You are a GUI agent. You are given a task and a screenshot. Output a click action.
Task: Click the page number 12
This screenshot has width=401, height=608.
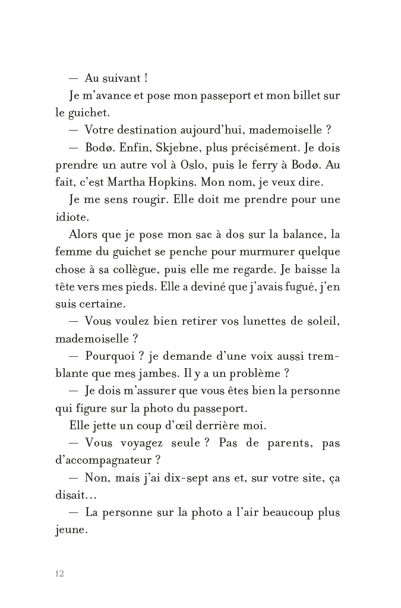(59, 573)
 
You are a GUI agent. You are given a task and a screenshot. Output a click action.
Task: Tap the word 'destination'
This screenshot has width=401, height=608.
(153, 130)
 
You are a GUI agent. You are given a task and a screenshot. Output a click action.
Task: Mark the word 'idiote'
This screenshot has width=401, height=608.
(72, 217)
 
